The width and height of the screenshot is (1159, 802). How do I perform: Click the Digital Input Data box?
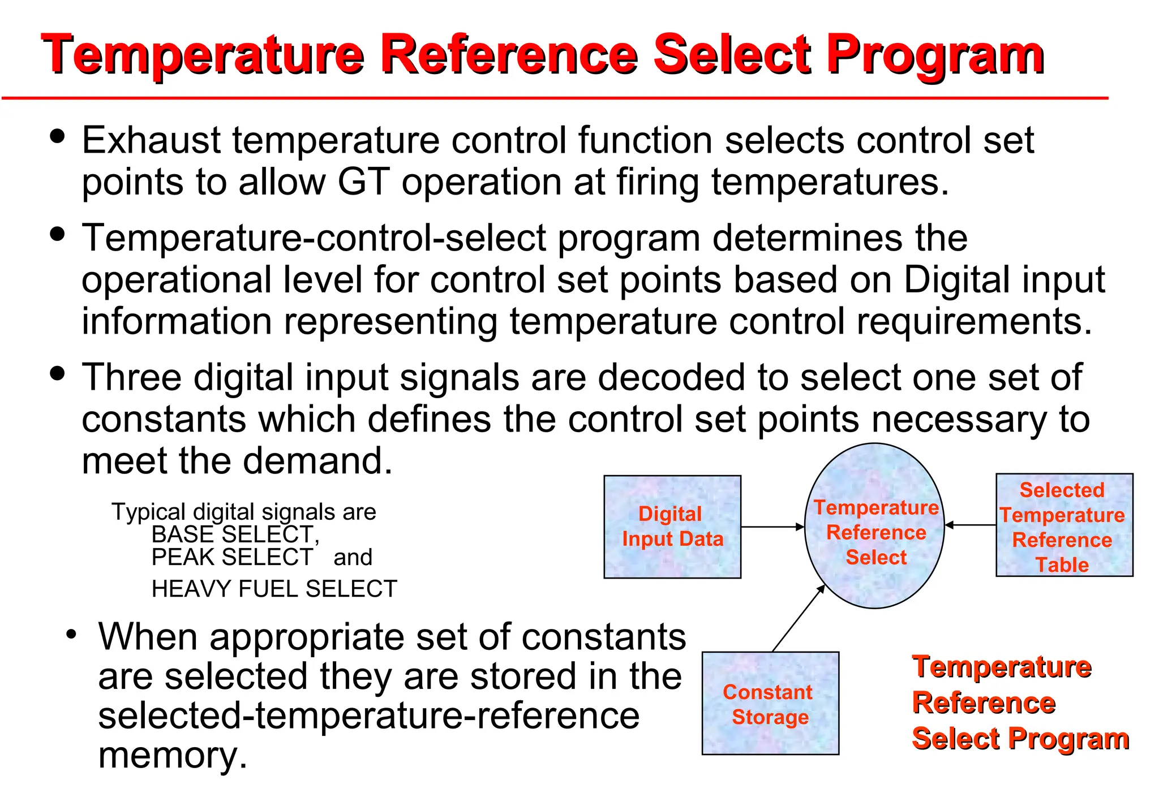[672, 527]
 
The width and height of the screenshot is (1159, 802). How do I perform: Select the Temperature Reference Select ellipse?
[874, 526]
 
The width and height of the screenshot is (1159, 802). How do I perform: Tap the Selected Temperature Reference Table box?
[1064, 525]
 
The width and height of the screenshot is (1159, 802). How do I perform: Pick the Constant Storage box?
[770, 704]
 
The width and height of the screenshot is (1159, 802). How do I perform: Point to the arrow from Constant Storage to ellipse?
[798, 618]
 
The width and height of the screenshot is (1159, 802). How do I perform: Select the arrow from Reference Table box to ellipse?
[970, 525]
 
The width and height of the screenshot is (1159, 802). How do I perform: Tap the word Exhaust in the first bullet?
[151, 140]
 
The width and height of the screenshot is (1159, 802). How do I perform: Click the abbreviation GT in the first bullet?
[363, 182]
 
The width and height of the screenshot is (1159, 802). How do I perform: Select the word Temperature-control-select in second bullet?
[314, 238]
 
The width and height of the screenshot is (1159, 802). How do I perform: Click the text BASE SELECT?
[232, 534]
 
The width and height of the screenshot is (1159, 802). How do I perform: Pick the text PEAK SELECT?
[232, 558]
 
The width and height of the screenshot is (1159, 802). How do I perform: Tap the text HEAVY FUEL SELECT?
[274, 589]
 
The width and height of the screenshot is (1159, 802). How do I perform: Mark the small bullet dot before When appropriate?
[71, 634]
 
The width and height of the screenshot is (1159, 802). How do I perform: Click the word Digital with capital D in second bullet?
[953, 279]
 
